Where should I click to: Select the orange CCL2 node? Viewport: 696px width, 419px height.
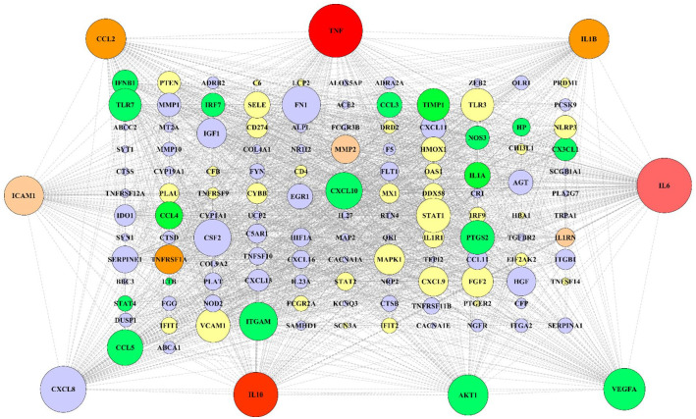(x=106, y=39)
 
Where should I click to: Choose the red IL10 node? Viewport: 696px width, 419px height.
(x=256, y=393)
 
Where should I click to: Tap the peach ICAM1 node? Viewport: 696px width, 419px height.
(x=25, y=196)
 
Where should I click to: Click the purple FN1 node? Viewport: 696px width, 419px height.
(x=300, y=103)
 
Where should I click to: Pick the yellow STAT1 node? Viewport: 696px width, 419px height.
(x=432, y=215)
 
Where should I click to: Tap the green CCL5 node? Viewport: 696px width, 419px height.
(x=125, y=345)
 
